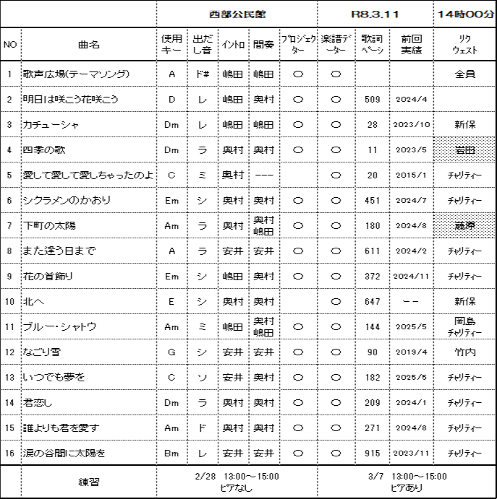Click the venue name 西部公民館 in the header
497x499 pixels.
tap(237, 14)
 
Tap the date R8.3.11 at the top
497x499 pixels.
tap(375, 14)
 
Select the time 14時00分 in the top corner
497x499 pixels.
tap(464, 14)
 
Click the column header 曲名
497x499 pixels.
tap(89, 45)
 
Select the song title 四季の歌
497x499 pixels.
tap(44, 150)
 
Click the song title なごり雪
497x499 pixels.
tap(43, 352)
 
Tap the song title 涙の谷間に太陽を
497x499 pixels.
tap(64, 453)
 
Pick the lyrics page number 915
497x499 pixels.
tap(373, 453)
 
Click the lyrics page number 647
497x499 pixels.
tap(373, 301)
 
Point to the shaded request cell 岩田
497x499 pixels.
tap(464, 150)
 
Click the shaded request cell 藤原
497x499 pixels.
tap(464, 225)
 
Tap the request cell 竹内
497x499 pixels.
tap(464, 352)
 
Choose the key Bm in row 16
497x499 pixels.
tap(171, 453)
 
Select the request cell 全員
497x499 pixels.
tap(464, 74)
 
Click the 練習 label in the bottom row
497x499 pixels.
tap(89, 482)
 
